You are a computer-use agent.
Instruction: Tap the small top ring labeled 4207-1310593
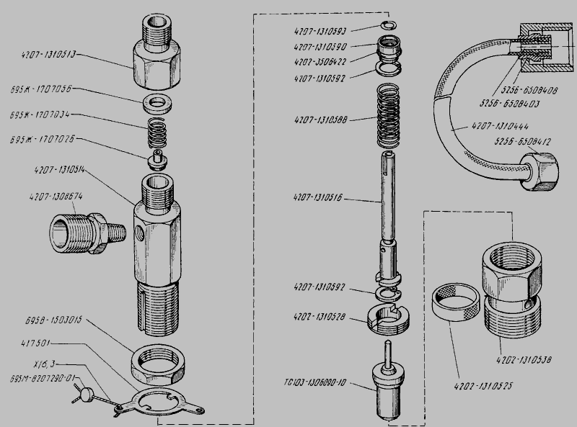pyautogui.click(x=387, y=27)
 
